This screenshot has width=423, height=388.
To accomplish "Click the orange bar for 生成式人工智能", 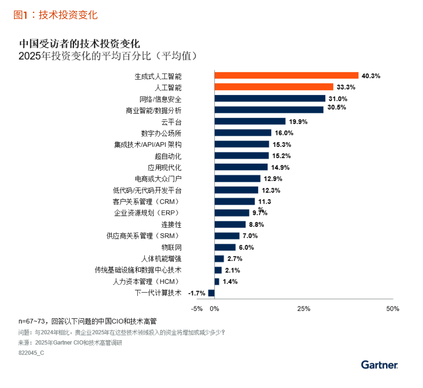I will point(286,75).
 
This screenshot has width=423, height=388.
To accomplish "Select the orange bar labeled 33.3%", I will point(274,87).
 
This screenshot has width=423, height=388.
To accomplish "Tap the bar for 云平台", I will point(250,121).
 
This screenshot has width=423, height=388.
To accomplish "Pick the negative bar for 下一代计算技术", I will point(211,293).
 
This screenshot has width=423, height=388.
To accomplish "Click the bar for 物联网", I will point(225,247).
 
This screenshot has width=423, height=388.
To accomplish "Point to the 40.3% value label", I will point(371,76).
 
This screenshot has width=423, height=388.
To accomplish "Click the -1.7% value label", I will point(197,293).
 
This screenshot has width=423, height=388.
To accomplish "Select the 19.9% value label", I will point(298,122).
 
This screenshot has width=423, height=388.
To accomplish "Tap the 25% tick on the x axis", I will point(304,309).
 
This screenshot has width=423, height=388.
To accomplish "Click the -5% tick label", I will point(197,309).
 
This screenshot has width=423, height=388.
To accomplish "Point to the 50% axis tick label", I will point(392,309).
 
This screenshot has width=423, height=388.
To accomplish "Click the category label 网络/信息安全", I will point(160,99).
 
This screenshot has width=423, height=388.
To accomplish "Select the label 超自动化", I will point(168,156).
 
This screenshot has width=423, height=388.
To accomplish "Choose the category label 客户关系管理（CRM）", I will point(146,202).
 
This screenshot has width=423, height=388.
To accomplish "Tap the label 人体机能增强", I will point(161,259).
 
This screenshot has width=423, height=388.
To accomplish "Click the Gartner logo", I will point(379,365).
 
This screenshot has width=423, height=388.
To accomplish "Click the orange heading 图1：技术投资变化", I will point(56,15).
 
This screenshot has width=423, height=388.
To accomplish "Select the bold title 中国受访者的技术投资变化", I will point(80,43).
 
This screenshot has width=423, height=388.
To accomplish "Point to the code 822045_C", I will point(31,353).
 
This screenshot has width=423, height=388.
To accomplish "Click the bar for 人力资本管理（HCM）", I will point(217,282).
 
